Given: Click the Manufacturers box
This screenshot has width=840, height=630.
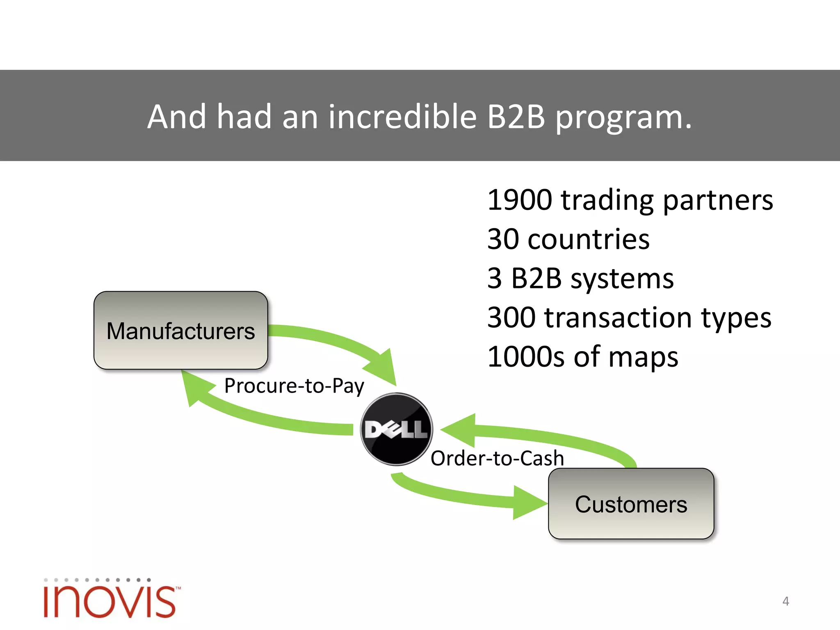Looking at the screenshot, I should coord(180,331).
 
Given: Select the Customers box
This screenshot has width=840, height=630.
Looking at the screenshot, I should coord(631,504).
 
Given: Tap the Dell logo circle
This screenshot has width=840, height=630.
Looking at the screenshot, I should coord(396,429).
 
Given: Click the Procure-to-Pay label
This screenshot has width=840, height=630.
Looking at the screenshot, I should coord(294,386).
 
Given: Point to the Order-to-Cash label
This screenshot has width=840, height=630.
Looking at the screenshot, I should coord(497,458).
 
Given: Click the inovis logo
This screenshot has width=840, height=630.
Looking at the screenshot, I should coord(111,600).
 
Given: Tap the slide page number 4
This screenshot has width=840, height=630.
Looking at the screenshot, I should coord(785,601).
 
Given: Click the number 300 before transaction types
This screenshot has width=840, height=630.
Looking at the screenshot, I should coord(511,318).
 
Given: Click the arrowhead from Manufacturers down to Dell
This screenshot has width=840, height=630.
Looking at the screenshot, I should coord(383,367).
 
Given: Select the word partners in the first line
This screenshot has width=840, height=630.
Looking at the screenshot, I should coord(718,200).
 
